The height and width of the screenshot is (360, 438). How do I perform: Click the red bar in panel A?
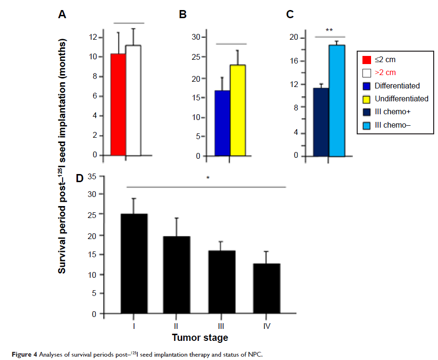pyautogui.click(x=118, y=105)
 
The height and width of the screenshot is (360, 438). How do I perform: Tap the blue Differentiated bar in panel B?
pyautogui.click(x=222, y=123)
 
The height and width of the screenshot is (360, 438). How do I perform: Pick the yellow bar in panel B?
pyautogui.click(x=238, y=110)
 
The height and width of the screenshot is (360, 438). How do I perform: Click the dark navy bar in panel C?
pyautogui.click(x=321, y=122)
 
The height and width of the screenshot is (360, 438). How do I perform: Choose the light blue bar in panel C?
pyautogui.click(x=337, y=100)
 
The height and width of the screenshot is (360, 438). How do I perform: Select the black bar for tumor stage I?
pyautogui.click(x=134, y=264)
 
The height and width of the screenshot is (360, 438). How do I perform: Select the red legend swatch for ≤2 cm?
pyautogui.click(x=367, y=60)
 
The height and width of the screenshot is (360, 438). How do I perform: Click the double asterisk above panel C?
pyautogui.click(x=329, y=31)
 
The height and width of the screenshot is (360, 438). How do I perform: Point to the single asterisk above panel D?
pyautogui.click(x=208, y=178)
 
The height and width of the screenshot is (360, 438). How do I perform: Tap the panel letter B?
pyautogui.click(x=182, y=15)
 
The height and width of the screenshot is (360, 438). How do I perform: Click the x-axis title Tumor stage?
pyautogui.click(x=200, y=338)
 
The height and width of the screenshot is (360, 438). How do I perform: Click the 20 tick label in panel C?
pyautogui.click(x=294, y=38)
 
